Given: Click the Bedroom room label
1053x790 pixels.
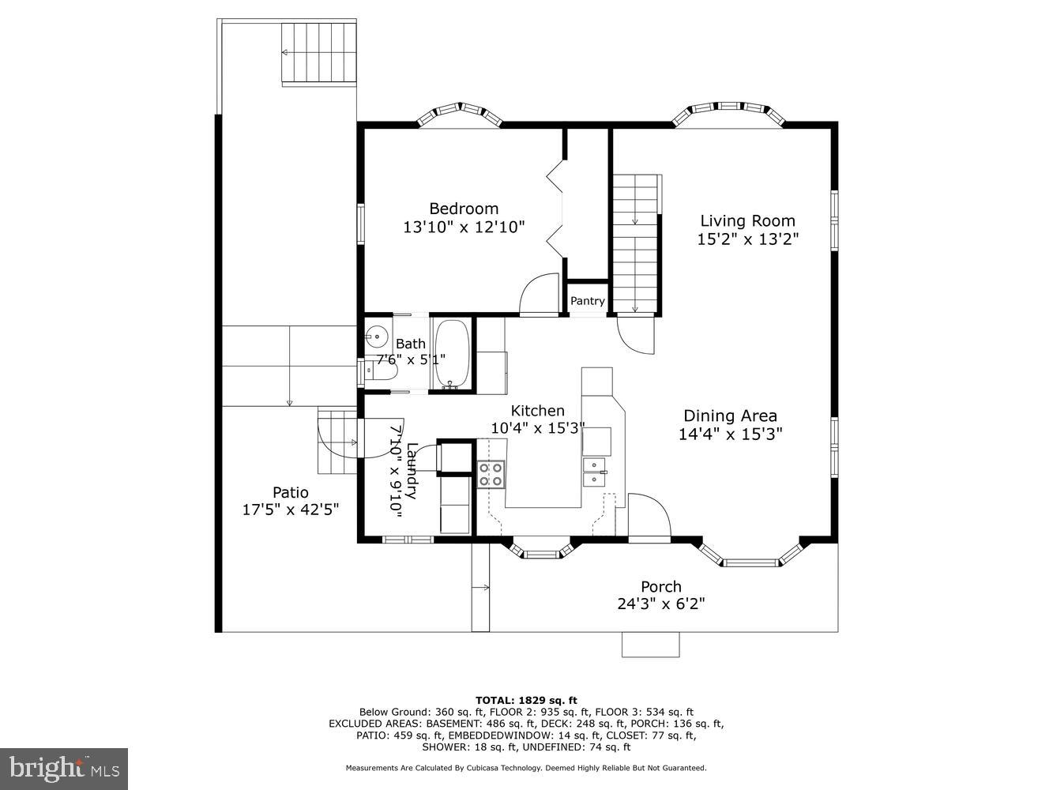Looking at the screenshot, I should (464, 209).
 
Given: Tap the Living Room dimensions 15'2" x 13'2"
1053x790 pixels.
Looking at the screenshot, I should (747, 239).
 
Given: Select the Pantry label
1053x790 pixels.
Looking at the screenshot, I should (588, 301).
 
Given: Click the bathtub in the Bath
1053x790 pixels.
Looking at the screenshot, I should (452, 355).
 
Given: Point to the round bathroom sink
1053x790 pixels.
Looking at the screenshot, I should (378, 337).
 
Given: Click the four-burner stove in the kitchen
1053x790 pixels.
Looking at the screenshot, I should (491, 474).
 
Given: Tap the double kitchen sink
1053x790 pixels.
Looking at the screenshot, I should (594, 472).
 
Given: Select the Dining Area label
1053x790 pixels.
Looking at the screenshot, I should (730, 416).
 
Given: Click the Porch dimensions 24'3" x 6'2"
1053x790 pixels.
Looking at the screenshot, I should (660, 604).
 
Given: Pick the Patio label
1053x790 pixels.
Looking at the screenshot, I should (290, 492).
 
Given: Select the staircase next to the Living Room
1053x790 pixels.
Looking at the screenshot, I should (636, 244).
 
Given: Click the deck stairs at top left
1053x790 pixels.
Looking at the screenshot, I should (319, 53).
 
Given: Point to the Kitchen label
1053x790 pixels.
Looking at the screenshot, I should (537, 411).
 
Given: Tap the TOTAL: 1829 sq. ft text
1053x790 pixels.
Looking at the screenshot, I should (526, 700).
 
